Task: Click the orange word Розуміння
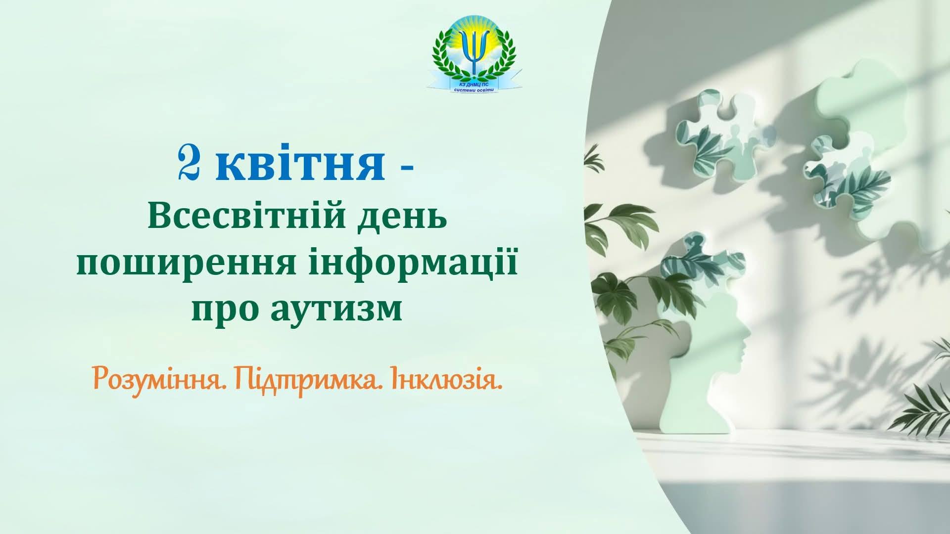[x=157, y=379]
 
